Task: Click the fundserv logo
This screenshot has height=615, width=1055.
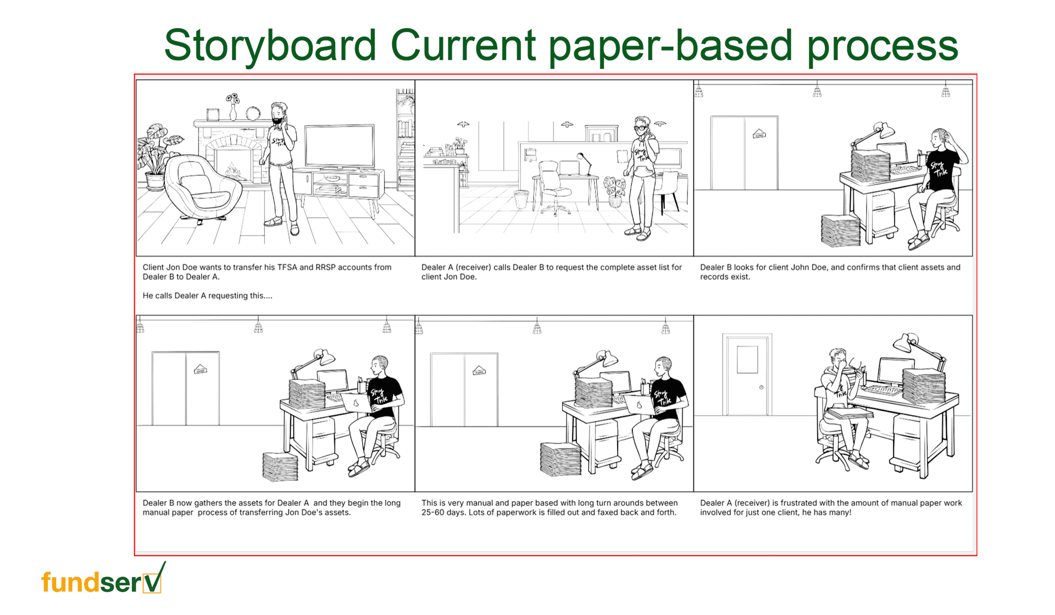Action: coord(103,579)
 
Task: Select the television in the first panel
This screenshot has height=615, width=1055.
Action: coord(340,147)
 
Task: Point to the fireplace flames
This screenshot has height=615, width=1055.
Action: coord(232,170)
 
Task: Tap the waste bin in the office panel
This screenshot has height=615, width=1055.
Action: coord(520,199)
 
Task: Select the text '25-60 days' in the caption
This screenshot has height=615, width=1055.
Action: coord(444,513)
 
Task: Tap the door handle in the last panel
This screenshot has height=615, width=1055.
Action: coord(761,387)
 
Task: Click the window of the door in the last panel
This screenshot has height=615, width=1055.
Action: coord(747,360)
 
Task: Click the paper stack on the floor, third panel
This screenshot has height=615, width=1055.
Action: coord(841,230)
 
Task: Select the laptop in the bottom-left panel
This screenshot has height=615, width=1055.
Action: coord(356,402)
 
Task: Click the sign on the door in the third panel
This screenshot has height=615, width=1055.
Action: coord(759,134)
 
